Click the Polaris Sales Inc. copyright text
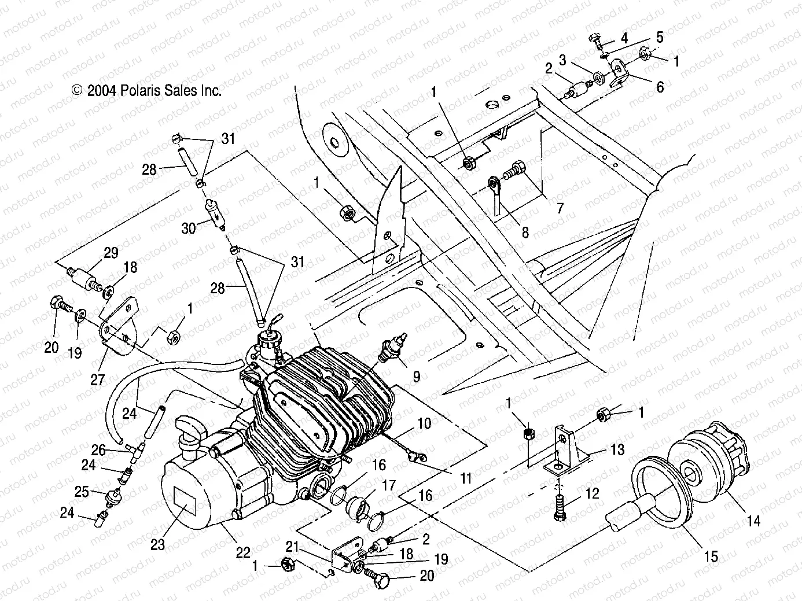(146, 90)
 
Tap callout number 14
(753, 521)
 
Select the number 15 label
(711, 556)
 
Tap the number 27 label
(97, 380)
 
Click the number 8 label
(525, 232)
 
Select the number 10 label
(424, 424)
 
